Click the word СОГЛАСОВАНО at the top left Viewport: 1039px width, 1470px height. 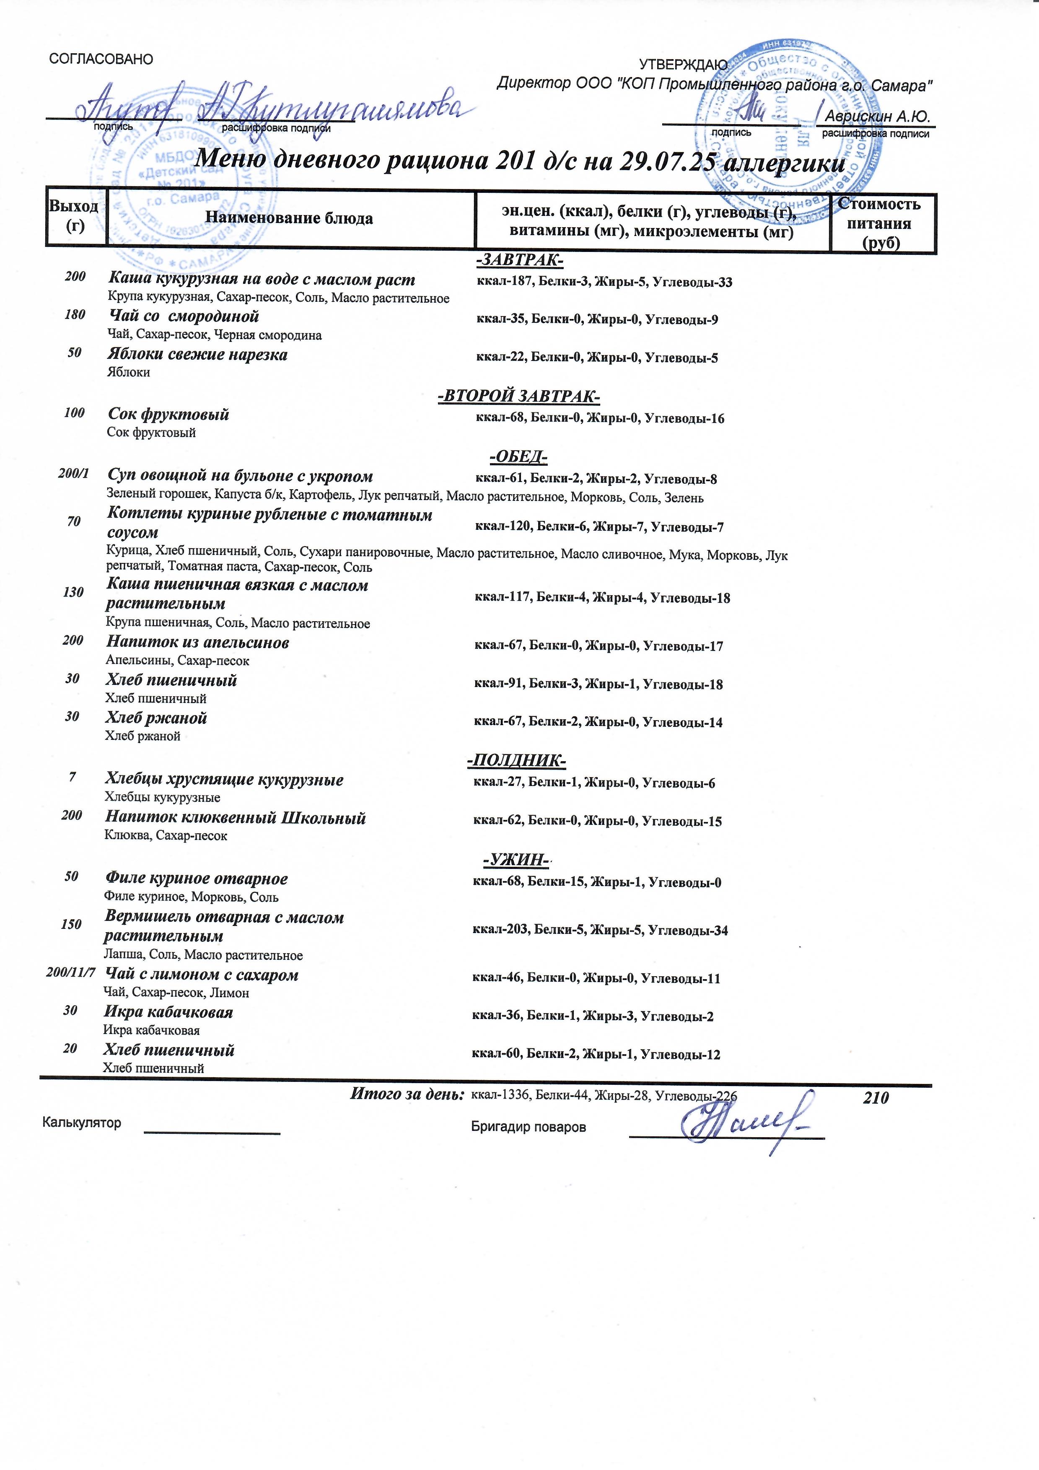pos(101,60)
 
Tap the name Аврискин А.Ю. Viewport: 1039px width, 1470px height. pos(876,117)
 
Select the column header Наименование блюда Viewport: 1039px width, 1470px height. pos(289,218)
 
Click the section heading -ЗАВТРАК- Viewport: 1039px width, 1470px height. pos(519,261)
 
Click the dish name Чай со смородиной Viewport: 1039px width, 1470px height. pos(183,316)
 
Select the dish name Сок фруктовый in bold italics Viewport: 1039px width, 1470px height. pos(168,414)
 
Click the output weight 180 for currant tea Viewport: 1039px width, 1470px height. pos(75,315)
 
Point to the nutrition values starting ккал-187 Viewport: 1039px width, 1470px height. pos(604,283)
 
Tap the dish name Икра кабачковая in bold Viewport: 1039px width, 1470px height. pos(168,1012)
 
